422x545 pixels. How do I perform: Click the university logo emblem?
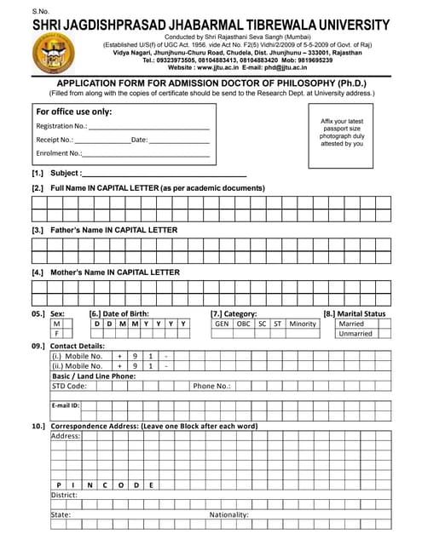53,52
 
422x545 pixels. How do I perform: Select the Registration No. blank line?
148,126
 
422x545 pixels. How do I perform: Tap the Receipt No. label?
55,140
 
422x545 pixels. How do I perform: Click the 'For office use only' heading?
74,112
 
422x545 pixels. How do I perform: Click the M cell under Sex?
57,324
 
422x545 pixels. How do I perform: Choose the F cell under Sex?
57,335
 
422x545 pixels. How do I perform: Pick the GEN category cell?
222,324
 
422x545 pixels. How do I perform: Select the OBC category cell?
244,324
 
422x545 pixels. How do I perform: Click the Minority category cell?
303,324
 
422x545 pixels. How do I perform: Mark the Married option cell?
351,324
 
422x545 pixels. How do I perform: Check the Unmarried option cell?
355,335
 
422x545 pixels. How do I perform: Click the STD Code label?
69,386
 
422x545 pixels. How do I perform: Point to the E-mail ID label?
66,406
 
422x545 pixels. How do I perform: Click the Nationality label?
229,515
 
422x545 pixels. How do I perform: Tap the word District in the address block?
64,495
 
